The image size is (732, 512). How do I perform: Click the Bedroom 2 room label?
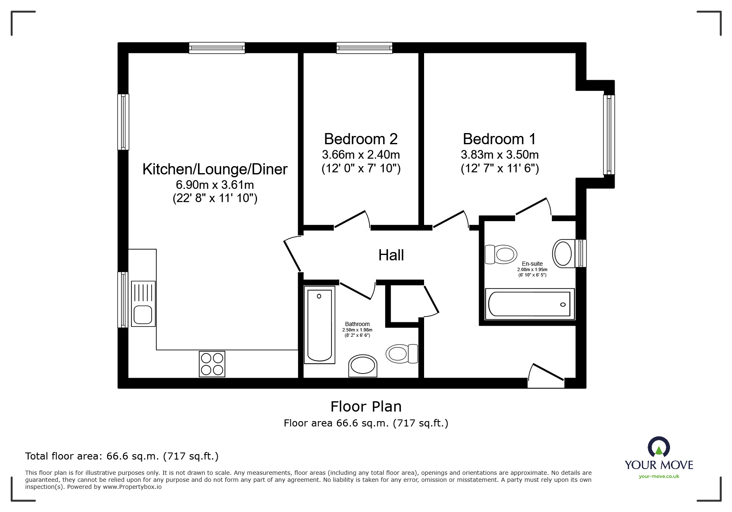coord(360,139)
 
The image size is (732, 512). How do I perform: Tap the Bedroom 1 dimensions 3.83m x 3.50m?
coord(499,155)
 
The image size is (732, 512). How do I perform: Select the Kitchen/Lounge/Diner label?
coord(215,169)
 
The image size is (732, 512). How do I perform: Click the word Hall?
coord(391,255)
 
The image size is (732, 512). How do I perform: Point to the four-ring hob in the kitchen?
coord(212,364)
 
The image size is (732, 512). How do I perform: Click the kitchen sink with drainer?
coord(143,304)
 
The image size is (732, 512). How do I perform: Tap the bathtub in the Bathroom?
coord(320,325)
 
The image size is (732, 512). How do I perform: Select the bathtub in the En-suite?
coord(529,304)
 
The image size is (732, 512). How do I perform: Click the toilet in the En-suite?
coord(501,254)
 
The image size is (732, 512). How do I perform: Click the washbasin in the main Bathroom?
coord(363,366)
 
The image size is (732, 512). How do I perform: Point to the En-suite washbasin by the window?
coord(563,253)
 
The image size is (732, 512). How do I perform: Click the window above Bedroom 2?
coord(364,48)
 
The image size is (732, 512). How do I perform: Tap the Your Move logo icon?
coord(658,447)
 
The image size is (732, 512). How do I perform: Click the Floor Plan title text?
coord(366,407)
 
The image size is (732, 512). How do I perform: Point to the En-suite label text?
coord(532,264)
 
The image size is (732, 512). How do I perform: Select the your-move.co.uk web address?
coord(659,476)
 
